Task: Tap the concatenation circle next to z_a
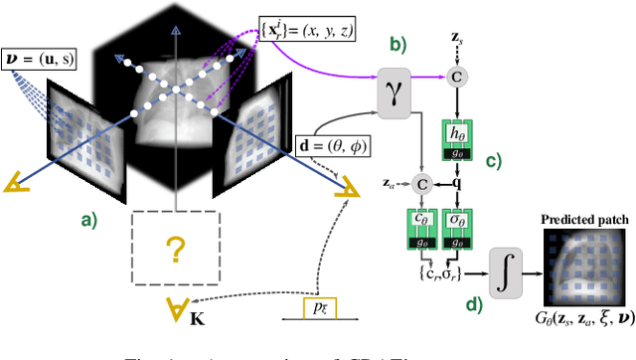(x=421, y=182)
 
